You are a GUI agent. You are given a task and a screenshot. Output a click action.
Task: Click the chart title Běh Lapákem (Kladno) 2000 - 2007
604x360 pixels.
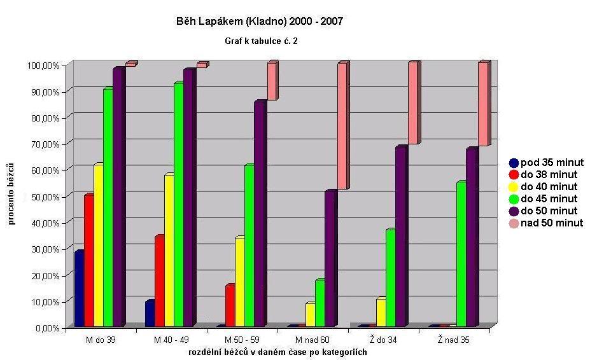tap(260, 22)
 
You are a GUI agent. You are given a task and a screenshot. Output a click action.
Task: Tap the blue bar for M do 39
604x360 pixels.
tap(79, 289)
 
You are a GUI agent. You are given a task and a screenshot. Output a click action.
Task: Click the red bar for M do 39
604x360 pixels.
tap(88, 261)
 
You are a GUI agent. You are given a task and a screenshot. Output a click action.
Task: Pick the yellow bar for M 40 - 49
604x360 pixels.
tap(169, 251)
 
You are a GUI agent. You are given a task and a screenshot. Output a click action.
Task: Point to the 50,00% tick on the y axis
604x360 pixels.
tap(43, 197)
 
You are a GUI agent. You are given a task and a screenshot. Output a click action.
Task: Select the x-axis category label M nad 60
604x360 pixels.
tap(313, 340)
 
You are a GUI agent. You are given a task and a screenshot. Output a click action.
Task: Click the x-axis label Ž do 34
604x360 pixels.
tap(383, 340)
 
